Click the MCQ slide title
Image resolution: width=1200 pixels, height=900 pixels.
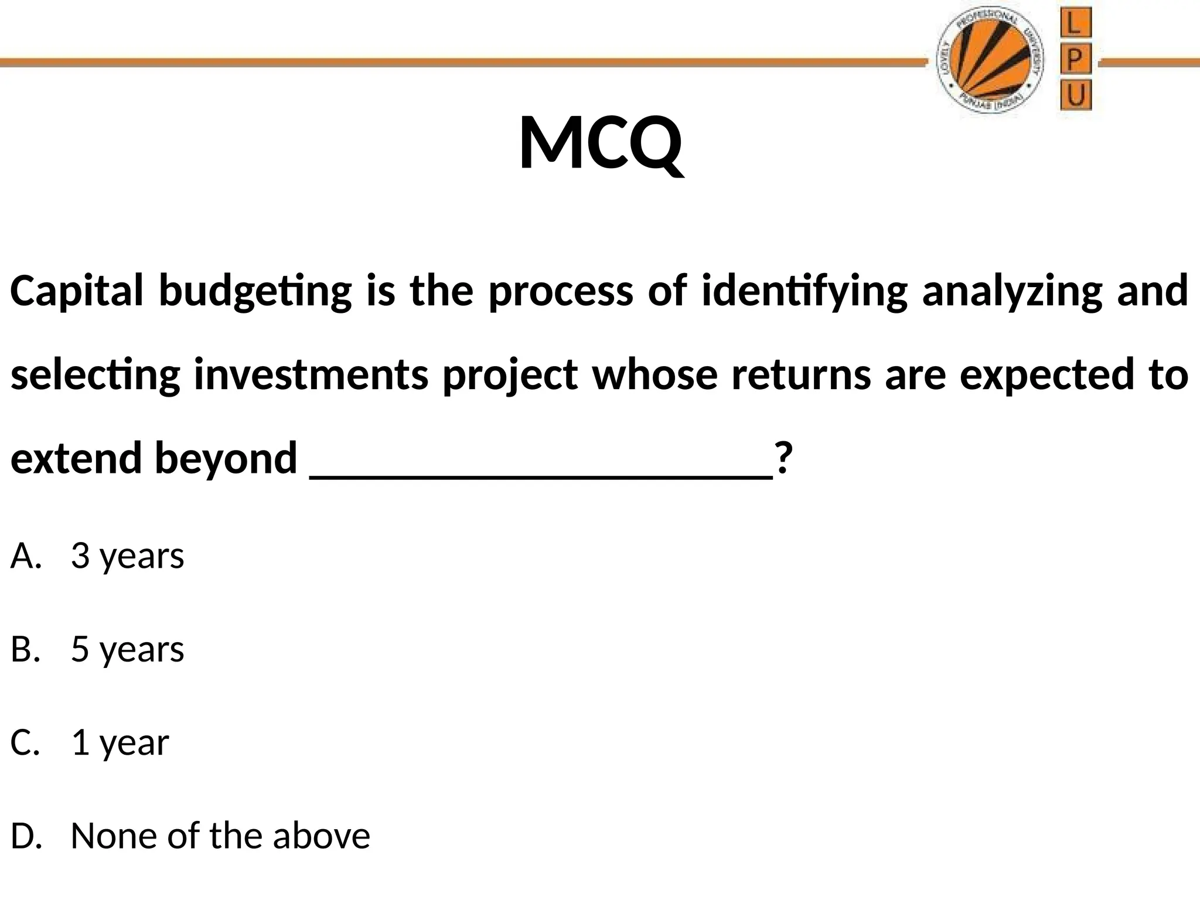point(601,144)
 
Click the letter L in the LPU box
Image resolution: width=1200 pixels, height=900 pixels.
point(1075,25)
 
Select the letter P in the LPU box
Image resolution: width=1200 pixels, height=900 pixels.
point(1075,60)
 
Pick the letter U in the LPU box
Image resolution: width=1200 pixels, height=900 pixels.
point(1075,96)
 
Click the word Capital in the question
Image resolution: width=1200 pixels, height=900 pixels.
point(76,291)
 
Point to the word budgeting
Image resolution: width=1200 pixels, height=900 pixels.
point(255,291)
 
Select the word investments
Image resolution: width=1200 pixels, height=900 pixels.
point(311,375)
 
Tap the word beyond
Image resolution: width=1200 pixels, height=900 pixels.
point(226,458)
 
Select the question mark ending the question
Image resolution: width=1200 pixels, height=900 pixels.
point(783,458)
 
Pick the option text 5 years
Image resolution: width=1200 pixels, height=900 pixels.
point(127,649)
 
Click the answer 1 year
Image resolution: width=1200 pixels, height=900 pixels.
point(120,742)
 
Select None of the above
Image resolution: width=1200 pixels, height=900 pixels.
point(220,836)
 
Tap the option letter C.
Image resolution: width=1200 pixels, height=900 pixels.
point(25,742)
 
